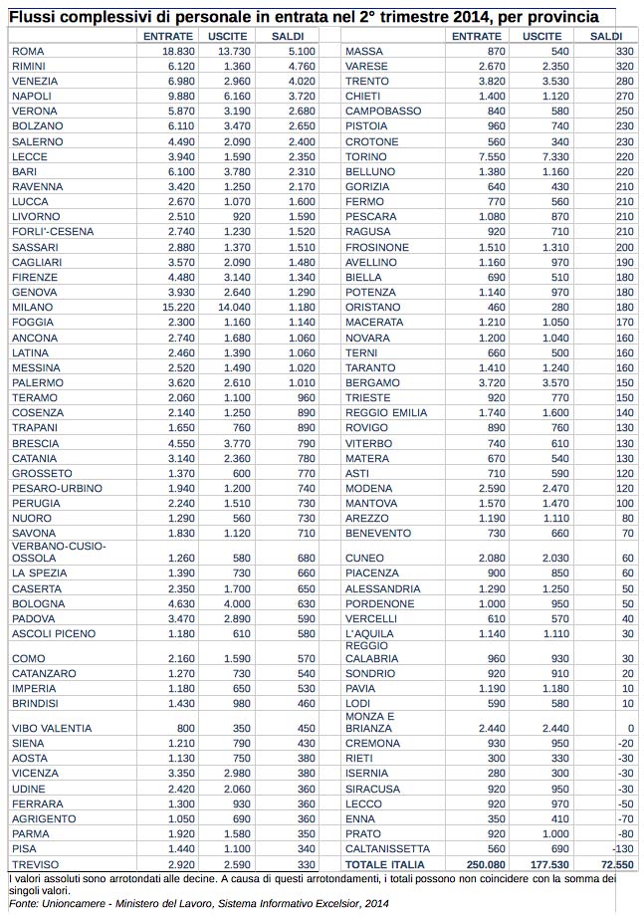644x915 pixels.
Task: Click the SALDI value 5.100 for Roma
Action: pyautogui.click(x=301, y=50)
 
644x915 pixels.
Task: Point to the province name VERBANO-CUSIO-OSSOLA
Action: pyautogui.click(x=58, y=552)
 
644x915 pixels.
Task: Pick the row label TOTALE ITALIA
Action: pyautogui.click(x=384, y=864)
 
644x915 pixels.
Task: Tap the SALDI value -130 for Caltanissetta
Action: pyautogui.click(x=622, y=848)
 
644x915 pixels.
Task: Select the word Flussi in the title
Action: pyautogui.click(x=33, y=17)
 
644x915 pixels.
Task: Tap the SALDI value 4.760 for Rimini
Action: pyautogui.click(x=301, y=65)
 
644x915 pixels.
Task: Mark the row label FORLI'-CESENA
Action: pyautogui.click(x=53, y=231)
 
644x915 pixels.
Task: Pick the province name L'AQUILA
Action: pyautogui.click(x=370, y=633)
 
